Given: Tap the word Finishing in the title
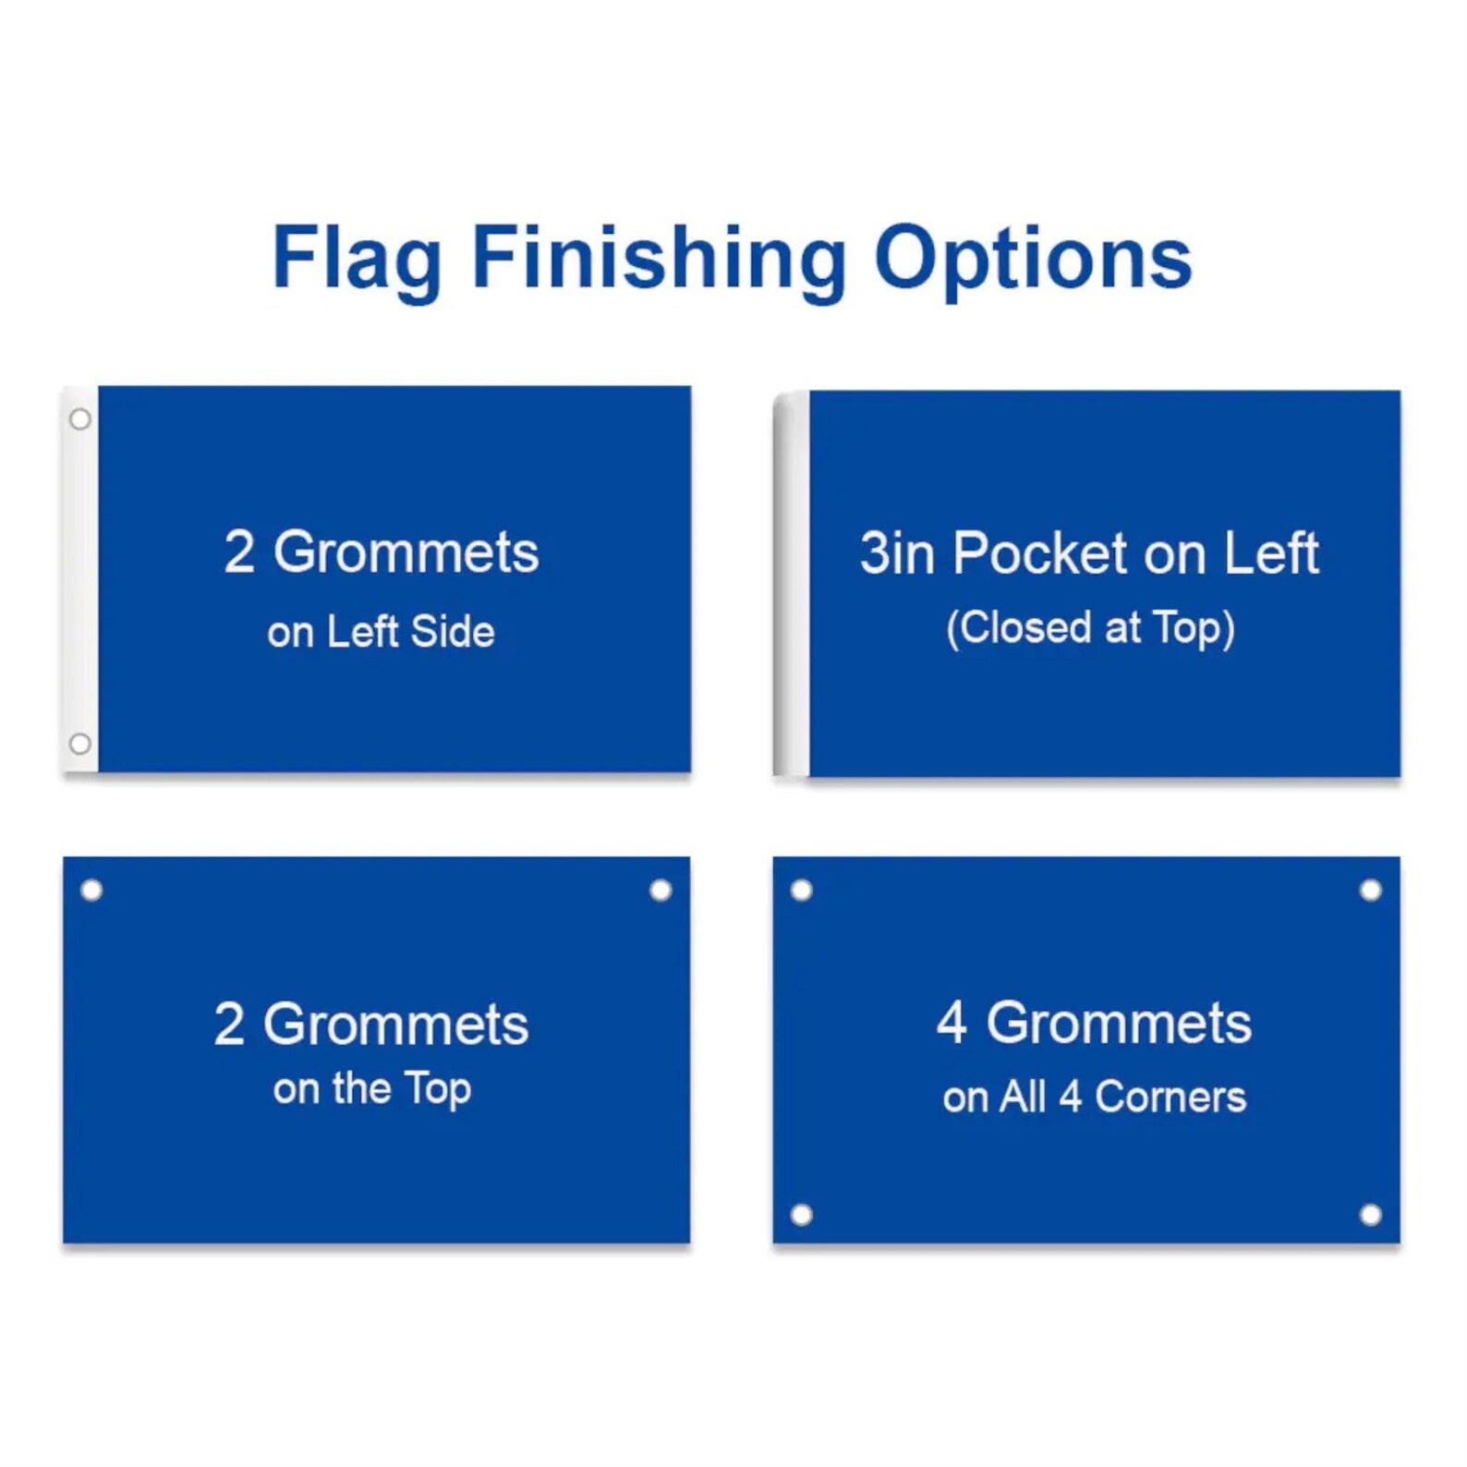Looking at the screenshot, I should [x=659, y=259].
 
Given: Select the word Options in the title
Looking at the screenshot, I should [x=1032, y=259].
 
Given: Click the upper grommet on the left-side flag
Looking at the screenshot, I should [x=80, y=419].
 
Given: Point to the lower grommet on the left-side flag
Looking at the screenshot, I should [x=80, y=744].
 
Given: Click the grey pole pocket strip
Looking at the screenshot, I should [x=792, y=584].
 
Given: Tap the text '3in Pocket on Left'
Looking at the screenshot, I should [x=1089, y=553].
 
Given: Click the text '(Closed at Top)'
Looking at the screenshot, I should [x=1090, y=628].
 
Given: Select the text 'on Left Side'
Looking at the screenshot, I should [x=381, y=633].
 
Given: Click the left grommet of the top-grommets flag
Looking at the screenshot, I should [x=91, y=891].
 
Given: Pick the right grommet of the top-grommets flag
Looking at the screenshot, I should [x=661, y=891].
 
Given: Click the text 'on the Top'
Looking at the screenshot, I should [x=372, y=1089].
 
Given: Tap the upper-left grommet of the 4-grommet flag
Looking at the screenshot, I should [x=802, y=891].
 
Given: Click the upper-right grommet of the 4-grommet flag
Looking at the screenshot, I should [x=1371, y=891].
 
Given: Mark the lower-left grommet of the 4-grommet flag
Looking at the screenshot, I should [x=802, y=1215].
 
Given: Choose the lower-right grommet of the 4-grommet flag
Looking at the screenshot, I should [x=1371, y=1215].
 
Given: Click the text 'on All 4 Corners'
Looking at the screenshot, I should [x=1094, y=1097].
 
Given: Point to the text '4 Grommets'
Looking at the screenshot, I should [x=1094, y=1024].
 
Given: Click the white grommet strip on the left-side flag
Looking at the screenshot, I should [x=80, y=582].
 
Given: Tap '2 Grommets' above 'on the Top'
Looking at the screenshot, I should [x=371, y=1024].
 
